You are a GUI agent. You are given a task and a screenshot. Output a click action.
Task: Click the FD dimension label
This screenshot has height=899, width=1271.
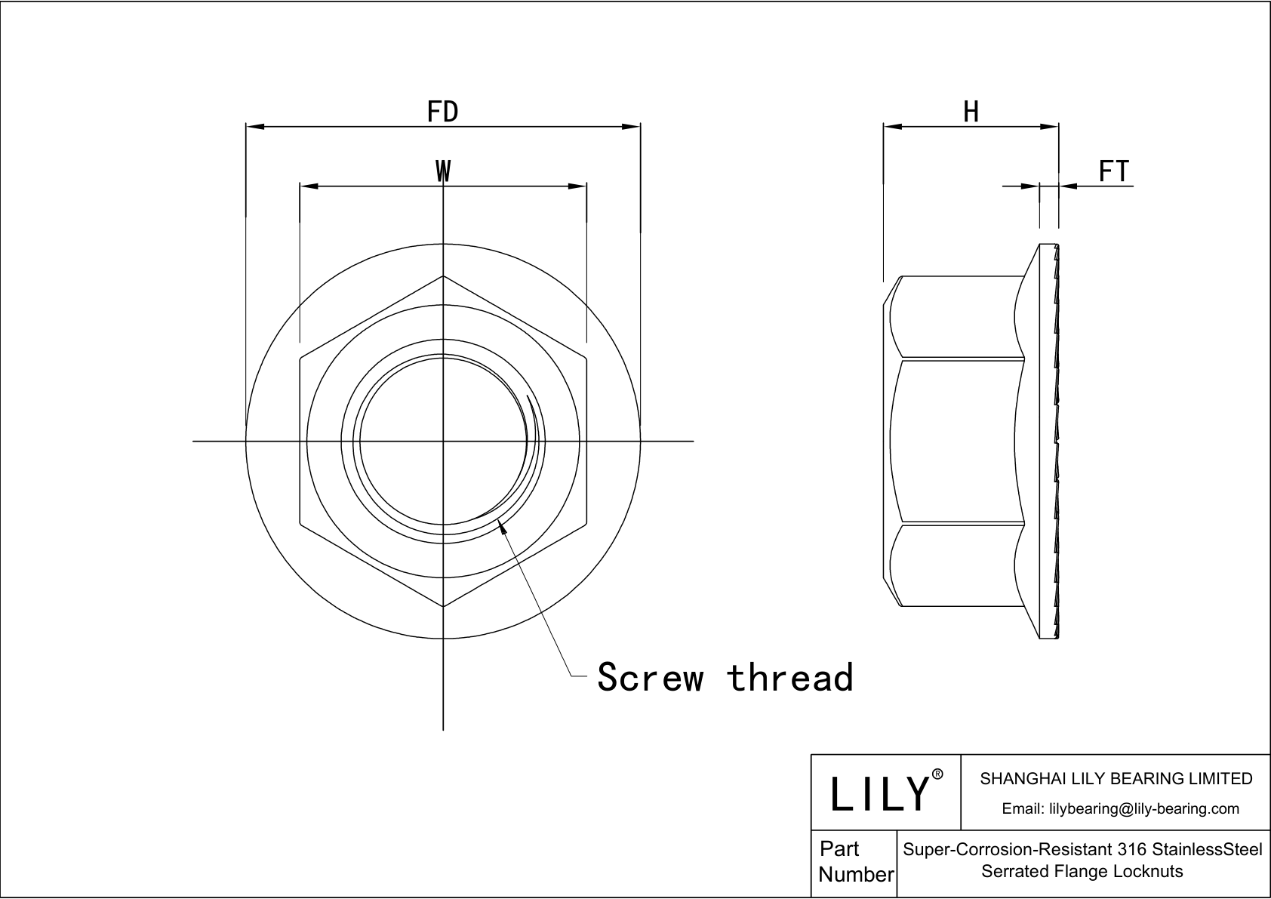coord(442,112)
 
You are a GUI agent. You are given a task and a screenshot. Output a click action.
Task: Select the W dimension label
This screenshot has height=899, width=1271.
coord(443,171)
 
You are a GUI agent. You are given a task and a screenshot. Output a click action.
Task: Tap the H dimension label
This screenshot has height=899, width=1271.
coord(971,112)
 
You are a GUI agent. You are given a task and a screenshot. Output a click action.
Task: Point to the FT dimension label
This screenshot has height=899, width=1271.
coord(1113,171)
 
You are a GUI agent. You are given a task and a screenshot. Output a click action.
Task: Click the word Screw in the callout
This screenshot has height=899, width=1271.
coord(650,677)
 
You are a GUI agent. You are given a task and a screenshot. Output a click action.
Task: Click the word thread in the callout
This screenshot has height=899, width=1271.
coord(790,677)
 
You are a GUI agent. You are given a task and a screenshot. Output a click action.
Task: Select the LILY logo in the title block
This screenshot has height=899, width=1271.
coord(879,793)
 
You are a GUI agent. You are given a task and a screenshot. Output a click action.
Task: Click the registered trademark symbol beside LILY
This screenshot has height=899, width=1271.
coord(937,774)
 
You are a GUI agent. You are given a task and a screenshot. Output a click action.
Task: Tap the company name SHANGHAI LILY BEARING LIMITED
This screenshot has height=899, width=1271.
coord(1116,778)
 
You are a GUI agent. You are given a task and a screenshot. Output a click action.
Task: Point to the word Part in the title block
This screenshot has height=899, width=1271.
coord(839,849)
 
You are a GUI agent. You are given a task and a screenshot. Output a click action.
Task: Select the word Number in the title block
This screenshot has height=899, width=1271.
coord(856,875)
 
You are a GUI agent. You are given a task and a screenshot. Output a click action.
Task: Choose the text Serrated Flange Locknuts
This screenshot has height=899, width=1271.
coord(1082,871)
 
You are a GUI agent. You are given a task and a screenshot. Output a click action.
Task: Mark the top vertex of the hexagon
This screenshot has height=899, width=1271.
coord(443,276)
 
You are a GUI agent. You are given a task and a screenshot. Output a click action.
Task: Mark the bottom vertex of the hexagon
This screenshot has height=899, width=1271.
coord(443,605)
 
